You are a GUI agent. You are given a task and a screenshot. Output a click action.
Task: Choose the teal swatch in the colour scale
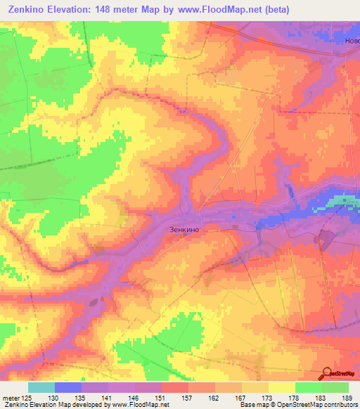click(x=41, y=387)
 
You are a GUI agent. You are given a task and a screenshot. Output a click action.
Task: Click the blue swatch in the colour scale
click(x=68, y=387)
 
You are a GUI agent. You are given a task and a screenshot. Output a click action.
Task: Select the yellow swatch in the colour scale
click(x=281, y=387)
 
